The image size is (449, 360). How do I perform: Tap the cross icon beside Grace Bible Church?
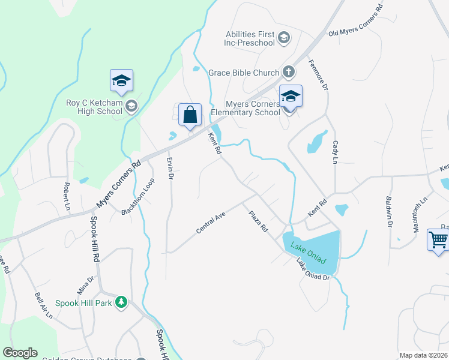[289, 73]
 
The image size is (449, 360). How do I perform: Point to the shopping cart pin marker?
[439, 241]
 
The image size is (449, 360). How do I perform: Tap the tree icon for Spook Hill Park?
[121, 303]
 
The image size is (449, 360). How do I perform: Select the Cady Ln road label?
[335, 152]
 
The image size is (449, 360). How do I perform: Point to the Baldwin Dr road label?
[389, 213]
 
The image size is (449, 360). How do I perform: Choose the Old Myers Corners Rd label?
[355, 22]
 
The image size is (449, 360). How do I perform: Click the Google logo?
[20, 353]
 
